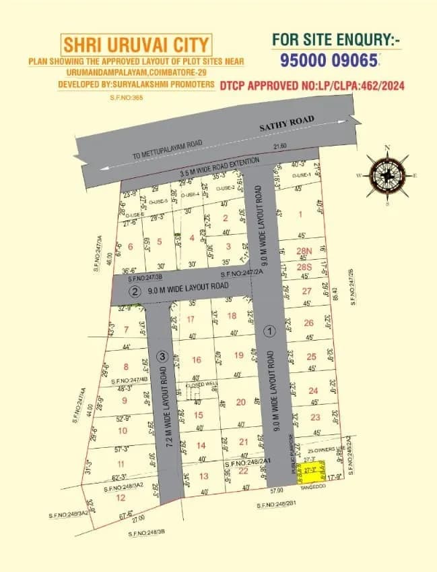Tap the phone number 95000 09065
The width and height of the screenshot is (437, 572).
(x=328, y=60)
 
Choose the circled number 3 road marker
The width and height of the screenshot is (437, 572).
(x=162, y=356)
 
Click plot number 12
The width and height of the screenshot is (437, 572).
(x=121, y=498)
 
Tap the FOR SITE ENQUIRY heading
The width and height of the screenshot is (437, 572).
(x=336, y=40)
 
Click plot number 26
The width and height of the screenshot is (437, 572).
(x=309, y=323)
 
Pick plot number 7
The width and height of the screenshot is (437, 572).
(x=125, y=331)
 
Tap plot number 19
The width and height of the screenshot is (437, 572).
(x=238, y=355)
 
